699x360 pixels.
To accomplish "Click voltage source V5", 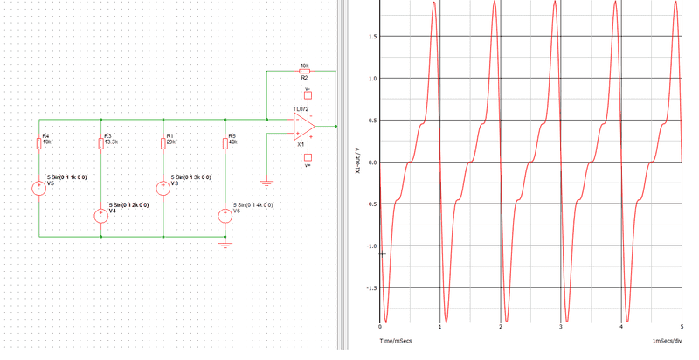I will pyautogui.click(x=38, y=187).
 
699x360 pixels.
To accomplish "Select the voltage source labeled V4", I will pyautogui.click(x=100, y=218).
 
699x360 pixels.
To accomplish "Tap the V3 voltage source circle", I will pyautogui.click(x=163, y=187).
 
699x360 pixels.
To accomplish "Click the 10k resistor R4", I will pyautogui.click(x=38, y=144).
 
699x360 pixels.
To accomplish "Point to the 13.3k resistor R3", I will pyautogui.click(x=100, y=144).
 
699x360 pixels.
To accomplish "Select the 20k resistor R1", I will pyautogui.click(x=163, y=144).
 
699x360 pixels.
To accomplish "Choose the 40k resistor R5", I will pyautogui.click(x=225, y=144).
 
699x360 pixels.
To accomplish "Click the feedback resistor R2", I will pyautogui.click(x=303, y=72).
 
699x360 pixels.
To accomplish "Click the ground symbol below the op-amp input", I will pyautogui.click(x=266, y=183).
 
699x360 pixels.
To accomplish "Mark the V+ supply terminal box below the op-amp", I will pyautogui.click(x=307, y=158).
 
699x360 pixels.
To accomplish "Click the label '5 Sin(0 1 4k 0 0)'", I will pyautogui.click(x=253, y=204).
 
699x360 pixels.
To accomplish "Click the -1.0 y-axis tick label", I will pyautogui.click(x=370, y=246).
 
